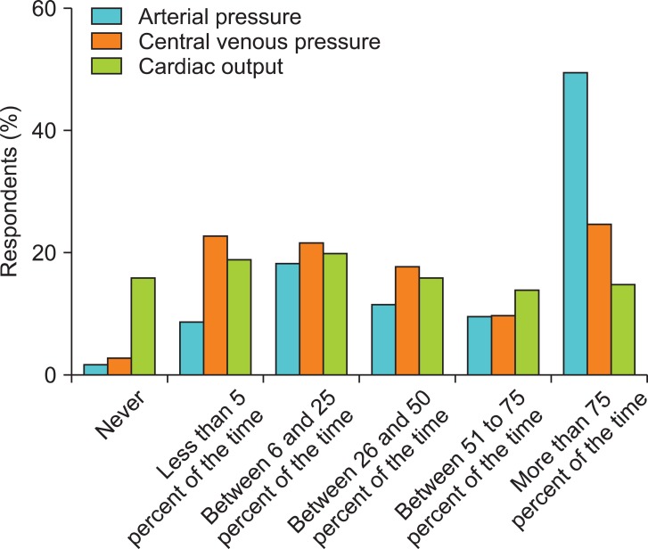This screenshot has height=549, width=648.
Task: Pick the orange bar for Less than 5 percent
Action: coord(215,306)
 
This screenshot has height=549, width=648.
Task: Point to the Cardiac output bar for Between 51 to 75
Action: coord(527,332)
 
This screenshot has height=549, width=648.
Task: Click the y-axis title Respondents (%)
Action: coord(14,192)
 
